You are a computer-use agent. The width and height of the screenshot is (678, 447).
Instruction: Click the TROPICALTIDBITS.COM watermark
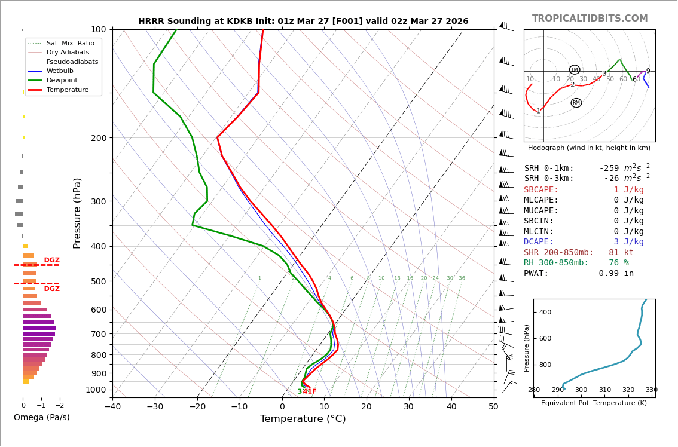[x=590, y=19]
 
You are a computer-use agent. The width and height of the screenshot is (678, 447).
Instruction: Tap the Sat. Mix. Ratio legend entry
[x=70, y=43]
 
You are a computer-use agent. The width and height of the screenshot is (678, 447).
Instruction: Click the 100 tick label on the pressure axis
[x=98, y=29]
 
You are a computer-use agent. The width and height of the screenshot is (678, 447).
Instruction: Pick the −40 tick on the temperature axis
[x=112, y=407]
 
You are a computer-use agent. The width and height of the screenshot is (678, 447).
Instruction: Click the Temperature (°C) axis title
[x=303, y=419]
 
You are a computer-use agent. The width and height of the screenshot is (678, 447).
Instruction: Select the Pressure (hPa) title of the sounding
[x=77, y=213]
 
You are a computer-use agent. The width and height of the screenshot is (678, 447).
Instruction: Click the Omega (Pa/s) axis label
[x=42, y=417]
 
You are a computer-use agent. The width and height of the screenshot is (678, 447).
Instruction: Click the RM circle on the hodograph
[x=576, y=103]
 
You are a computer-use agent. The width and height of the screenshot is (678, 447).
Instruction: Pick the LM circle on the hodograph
[x=575, y=69]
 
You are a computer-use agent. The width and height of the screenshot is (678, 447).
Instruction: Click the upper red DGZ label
[x=51, y=261]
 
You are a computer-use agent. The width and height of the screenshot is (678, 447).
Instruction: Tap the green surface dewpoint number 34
[x=301, y=391]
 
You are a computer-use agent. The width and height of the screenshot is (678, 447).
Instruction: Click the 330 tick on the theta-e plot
[x=651, y=390]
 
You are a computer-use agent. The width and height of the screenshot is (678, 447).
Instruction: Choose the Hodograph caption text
[x=589, y=148]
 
